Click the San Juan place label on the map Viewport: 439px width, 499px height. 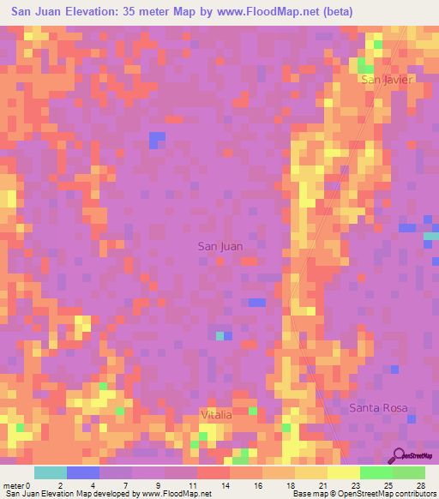pyautogui.click(x=220, y=246)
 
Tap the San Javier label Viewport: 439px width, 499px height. pyautogui.click(x=387, y=80)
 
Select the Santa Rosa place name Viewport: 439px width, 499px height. pyautogui.click(x=377, y=408)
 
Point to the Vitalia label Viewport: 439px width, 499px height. pyautogui.click(x=216, y=414)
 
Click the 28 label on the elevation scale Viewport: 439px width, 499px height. pyautogui.click(x=420, y=484)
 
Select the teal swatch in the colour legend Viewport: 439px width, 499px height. pyautogui.click(x=51, y=472)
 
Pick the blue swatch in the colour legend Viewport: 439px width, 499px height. pyautogui.click(x=83, y=472)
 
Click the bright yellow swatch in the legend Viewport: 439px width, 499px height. pyautogui.click(x=343, y=472)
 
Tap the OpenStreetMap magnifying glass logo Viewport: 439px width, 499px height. pyautogui.click(x=400, y=455)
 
